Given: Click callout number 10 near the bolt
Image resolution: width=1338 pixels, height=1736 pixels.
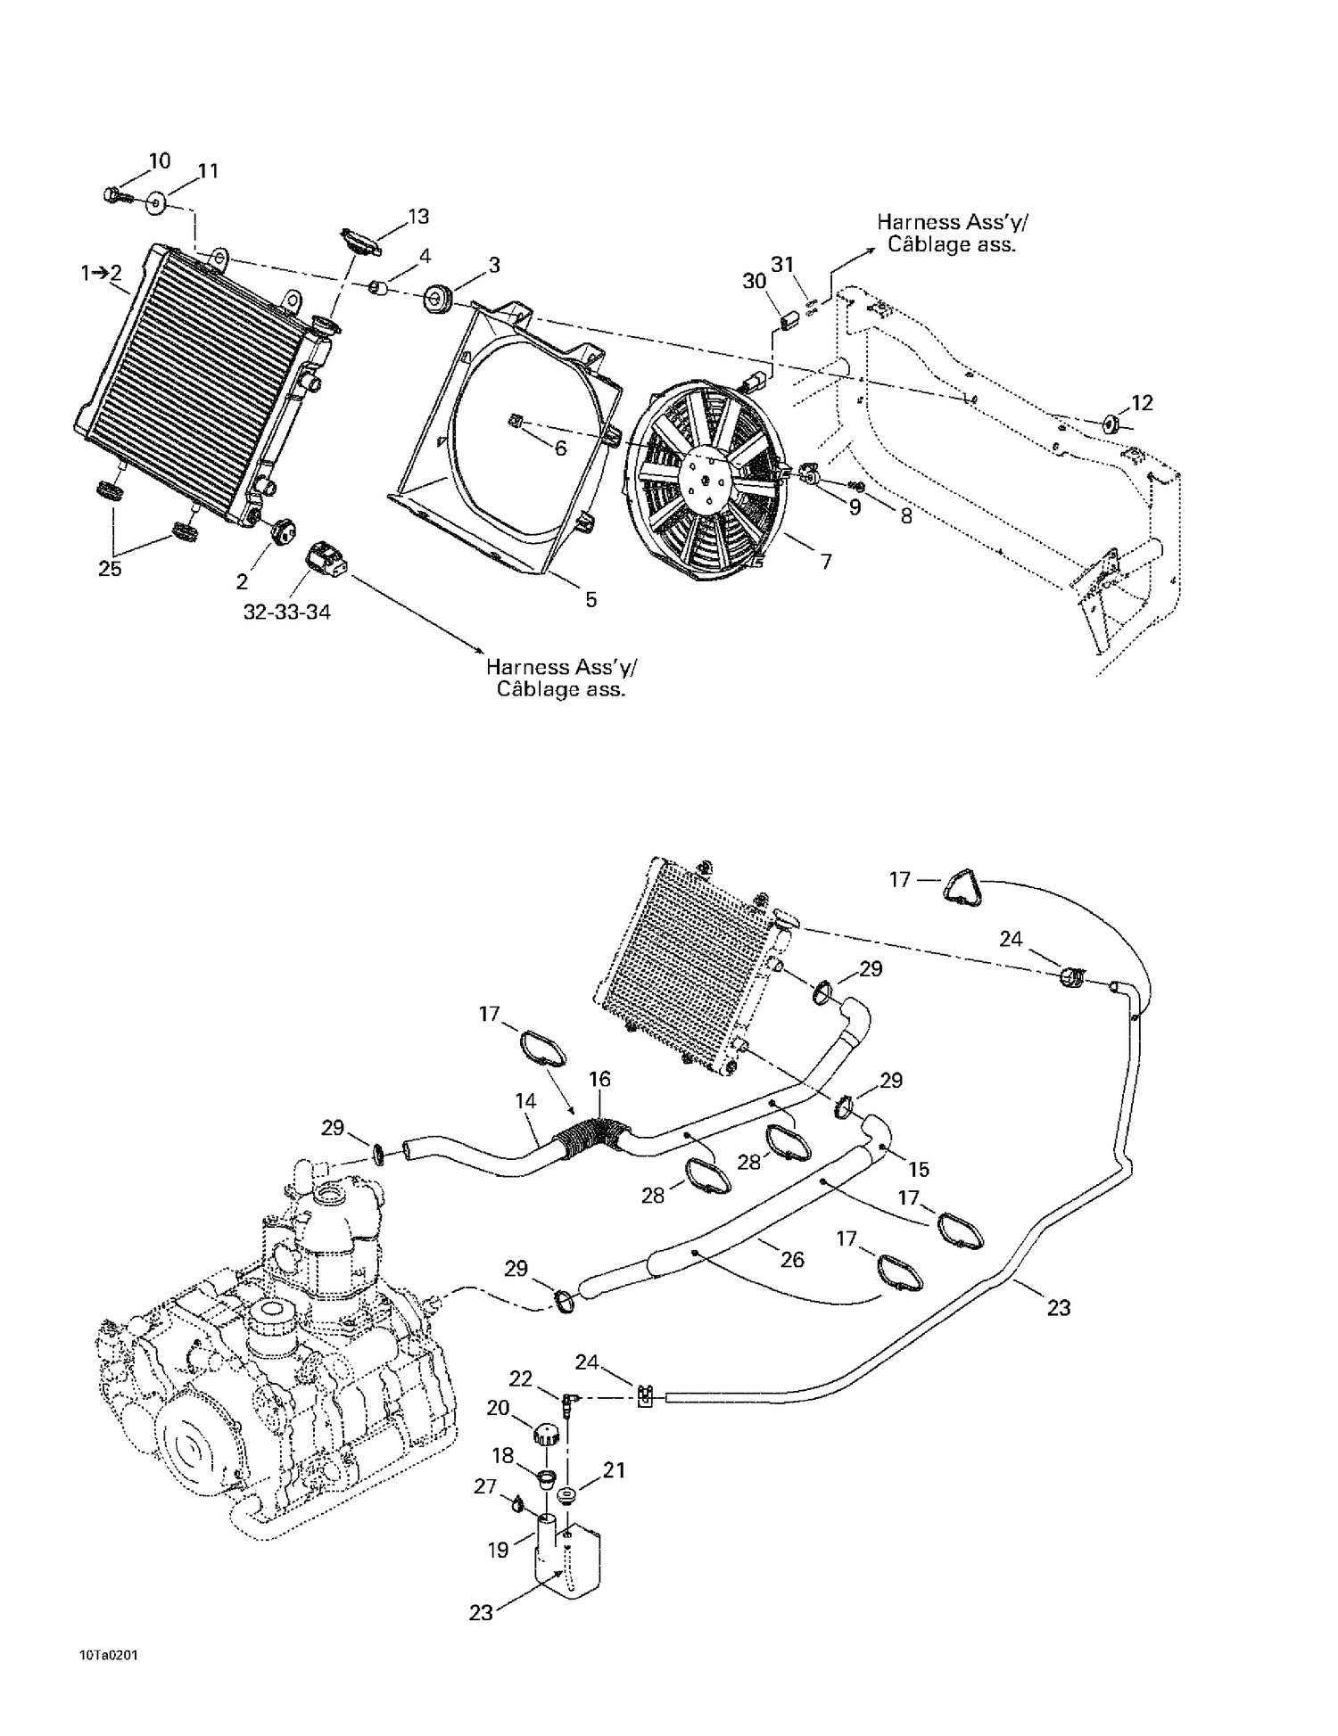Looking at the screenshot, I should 160,160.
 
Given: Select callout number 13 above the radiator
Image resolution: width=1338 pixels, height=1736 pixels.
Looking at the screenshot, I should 418,216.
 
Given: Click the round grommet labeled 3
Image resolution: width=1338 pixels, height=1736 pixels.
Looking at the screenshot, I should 437,298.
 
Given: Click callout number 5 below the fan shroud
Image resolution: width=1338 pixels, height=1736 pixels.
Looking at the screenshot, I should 591,599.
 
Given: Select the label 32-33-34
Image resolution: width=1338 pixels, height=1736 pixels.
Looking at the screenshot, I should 286,613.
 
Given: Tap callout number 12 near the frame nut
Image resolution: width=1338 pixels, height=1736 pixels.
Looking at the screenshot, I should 1142,402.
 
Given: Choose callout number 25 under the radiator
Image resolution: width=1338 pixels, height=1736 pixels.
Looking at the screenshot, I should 110,569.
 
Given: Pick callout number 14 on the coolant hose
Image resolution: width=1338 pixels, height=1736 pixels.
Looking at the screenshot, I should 526,1101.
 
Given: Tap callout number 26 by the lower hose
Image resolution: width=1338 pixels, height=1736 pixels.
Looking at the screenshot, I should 791,1259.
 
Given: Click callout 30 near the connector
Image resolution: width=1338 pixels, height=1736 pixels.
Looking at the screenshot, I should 755,281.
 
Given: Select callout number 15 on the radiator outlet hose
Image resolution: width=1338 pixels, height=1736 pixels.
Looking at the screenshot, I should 918,1169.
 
